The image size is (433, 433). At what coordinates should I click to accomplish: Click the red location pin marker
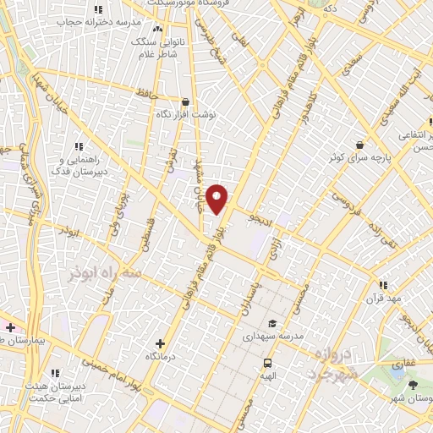click(217, 199)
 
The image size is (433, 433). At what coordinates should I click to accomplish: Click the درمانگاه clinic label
click(161, 357)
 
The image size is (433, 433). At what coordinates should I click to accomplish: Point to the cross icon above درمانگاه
click(162, 343)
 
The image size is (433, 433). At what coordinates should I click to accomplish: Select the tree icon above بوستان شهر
click(413, 386)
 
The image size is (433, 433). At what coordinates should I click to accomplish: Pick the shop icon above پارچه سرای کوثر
click(360, 145)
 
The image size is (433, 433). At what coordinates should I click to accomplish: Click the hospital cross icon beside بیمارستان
click(10, 327)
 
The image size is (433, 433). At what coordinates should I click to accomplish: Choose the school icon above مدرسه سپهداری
click(271, 323)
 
